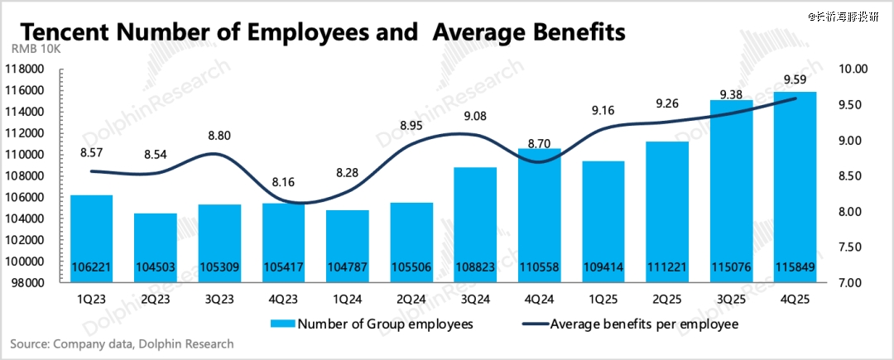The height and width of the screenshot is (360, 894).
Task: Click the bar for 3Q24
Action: pyautogui.click(x=476, y=224)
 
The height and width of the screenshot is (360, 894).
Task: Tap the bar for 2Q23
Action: pyautogui.click(x=156, y=247)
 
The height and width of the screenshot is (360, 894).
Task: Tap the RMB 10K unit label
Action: pyautogui.click(x=34, y=52)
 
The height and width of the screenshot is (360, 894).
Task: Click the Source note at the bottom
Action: pyautogui.click(x=122, y=343)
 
